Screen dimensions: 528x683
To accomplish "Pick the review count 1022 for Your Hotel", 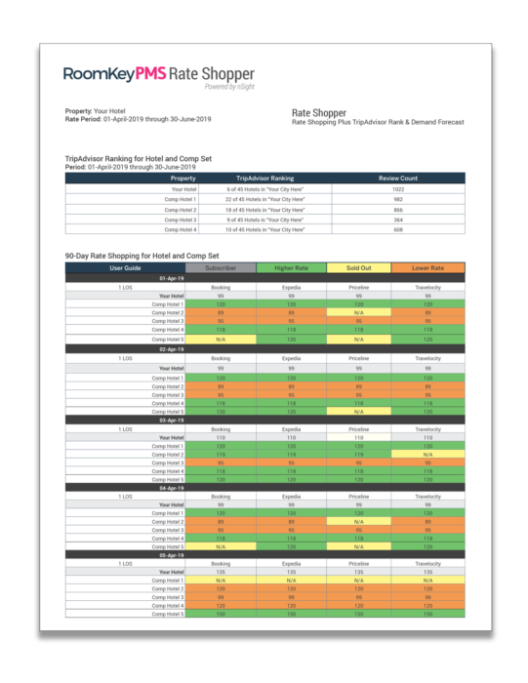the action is tap(397, 189).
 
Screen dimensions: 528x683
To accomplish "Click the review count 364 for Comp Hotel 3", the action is tap(397, 220).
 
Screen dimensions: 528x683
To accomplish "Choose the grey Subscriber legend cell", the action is tap(221, 267).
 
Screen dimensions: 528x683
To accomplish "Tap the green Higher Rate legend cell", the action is tap(291, 267).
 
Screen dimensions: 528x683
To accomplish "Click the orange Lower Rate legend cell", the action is tap(428, 267).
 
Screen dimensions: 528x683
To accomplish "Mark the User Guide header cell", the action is tap(126, 267).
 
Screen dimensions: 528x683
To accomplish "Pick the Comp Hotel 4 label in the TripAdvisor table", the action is tap(181, 229).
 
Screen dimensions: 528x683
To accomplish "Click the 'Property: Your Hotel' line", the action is tap(101, 111).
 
